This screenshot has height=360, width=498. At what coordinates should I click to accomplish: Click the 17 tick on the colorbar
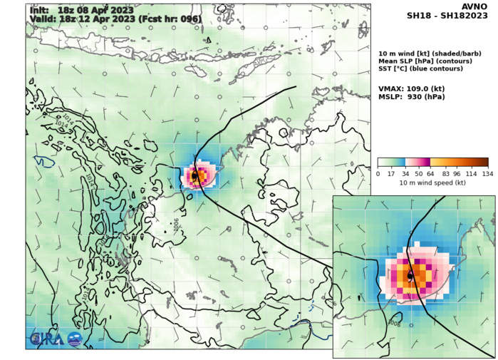coord(391,174)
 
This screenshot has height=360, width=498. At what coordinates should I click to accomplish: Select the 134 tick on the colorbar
coord(487,174)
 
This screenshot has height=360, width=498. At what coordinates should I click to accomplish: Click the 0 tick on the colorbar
coord(378,174)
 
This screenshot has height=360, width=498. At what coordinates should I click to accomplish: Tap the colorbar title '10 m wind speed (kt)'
coord(432,183)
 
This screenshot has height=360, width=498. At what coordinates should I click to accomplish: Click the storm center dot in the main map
coord(194,175)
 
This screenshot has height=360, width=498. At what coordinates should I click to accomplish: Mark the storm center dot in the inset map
coord(410,275)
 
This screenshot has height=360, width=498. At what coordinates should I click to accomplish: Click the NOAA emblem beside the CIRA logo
coord(74,339)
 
